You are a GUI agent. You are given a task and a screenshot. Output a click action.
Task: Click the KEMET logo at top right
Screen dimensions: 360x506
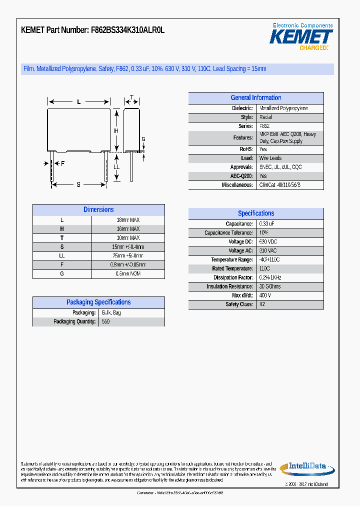[301, 37]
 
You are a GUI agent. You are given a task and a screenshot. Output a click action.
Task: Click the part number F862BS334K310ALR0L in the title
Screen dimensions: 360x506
[127, 30]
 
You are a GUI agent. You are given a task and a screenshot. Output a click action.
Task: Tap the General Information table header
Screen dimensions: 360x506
[255, 98]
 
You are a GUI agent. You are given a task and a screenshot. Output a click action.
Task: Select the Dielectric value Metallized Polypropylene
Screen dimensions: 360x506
[283, 108]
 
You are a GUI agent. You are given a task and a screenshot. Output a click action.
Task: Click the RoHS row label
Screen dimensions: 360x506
[246, 149]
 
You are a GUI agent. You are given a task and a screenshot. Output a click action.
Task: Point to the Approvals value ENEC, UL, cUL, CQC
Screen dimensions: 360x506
[280, 167]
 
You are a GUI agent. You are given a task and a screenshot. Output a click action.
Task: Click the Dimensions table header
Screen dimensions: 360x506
[98, 210]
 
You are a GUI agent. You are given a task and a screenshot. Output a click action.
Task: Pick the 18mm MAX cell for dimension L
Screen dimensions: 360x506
[128, 220]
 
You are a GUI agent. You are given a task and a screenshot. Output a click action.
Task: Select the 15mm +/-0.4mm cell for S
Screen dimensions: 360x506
[128, 247]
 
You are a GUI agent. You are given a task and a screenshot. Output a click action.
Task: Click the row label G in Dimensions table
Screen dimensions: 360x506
[62, 274]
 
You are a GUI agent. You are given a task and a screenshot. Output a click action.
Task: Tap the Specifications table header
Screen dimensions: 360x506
[255, 213]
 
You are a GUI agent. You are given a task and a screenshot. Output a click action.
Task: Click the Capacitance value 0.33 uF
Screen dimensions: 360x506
[267, 224]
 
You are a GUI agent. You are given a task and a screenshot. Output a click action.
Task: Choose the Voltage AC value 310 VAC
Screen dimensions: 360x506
[268, 250]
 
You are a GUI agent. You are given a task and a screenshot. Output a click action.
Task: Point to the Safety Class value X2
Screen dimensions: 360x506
[262, 304]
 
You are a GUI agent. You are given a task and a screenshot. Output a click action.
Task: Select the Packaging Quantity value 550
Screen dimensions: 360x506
[105, 321]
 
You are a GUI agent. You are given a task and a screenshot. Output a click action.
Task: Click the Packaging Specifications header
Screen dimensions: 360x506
[98, 302]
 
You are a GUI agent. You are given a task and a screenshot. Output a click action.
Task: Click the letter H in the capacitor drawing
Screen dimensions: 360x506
[115, 131]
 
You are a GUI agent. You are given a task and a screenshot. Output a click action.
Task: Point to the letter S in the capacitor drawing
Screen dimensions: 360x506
[78, 184]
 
